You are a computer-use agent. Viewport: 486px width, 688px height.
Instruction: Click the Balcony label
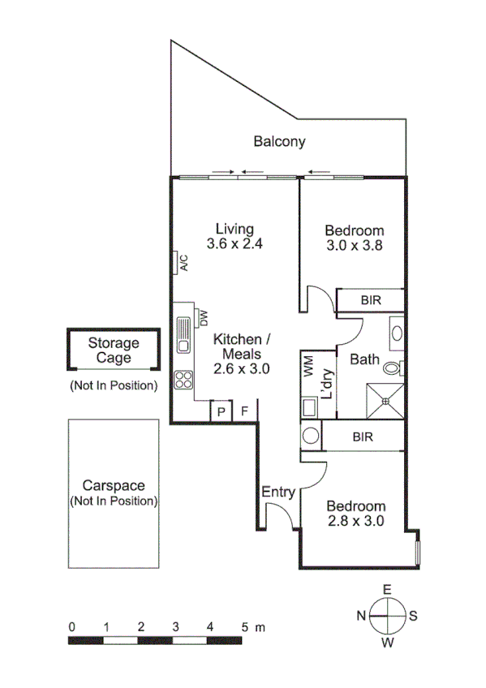tap(279, 142)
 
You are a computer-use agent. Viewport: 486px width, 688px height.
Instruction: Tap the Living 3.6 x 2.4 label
tap(235, 236)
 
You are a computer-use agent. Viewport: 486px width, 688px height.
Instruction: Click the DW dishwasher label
tap(204, 316)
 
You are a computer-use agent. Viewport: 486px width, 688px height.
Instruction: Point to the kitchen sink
tap(183, 334)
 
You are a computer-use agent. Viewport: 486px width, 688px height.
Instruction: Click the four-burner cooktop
tap(183, 380)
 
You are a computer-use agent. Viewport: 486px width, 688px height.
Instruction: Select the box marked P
tap(221, 411)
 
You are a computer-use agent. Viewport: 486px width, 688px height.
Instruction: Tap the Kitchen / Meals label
tap(241, 353)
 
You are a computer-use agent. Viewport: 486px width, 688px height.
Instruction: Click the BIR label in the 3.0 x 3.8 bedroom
tap(371, 300)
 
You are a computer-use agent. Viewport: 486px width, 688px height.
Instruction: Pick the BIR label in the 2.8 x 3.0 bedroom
tap(363, 436)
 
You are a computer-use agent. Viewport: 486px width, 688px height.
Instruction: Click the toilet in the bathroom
tap(393, 368)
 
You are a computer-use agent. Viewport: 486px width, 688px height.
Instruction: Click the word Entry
tap(277, 492)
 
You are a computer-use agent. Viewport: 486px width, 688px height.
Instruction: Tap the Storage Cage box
tap(114, 350)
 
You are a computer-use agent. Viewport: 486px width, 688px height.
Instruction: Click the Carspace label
tap(114, 486)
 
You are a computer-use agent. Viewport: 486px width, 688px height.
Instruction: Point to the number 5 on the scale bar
tap(244, 627)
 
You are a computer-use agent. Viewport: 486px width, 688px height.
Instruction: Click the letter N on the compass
tap(360, 616)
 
